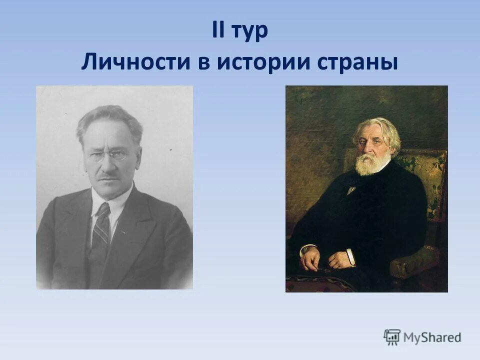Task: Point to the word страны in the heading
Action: pyautogui.click(x=360, y=63)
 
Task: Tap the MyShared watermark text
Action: pyautogui.click(x=432, y=337)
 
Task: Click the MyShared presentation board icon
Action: pyautogui.click(x=392, y=337)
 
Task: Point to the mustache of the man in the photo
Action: pyautogui.click(x=108, y=176)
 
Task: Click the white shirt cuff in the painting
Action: pyautogui.click(x=351, y=257)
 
